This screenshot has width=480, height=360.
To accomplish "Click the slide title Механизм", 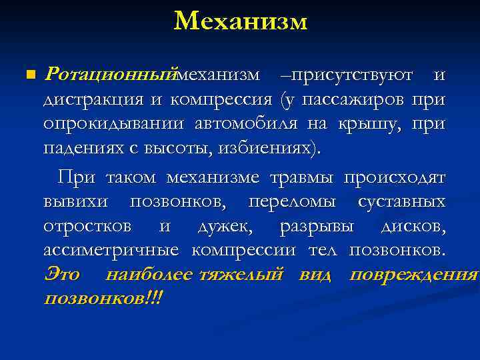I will pos(240,21).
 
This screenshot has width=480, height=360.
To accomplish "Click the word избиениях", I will pos(266,148).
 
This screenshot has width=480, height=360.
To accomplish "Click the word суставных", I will pos(402,201).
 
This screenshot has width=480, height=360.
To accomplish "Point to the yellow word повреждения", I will pos(413,275).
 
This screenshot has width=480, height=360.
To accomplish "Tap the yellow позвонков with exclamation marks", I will pos(103,298).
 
